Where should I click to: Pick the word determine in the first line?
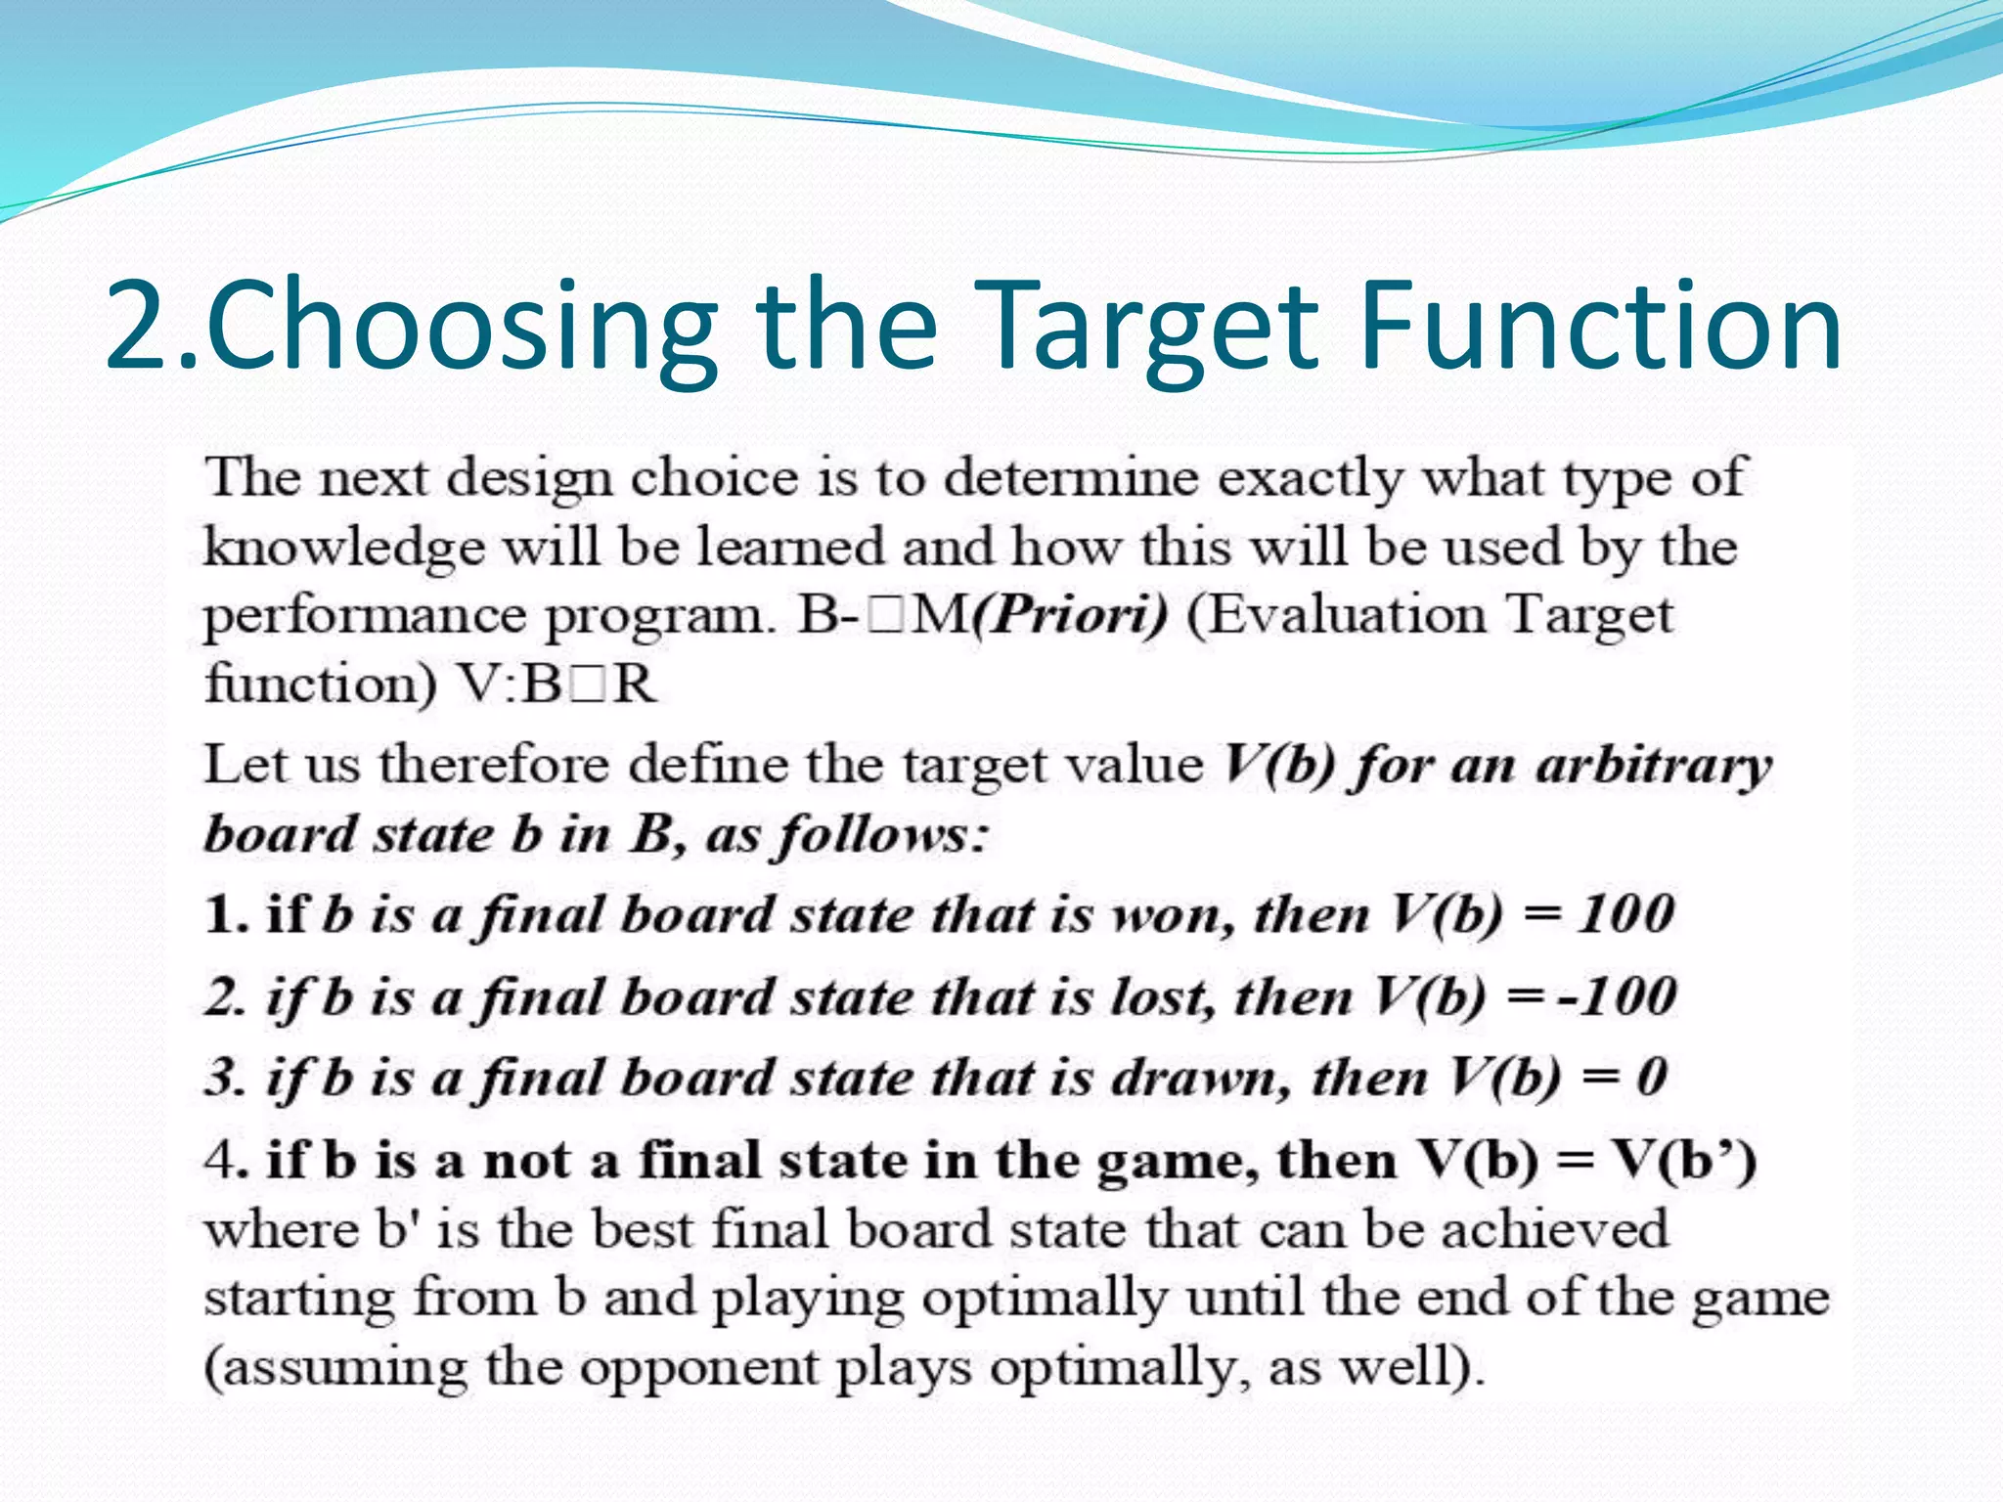coord(1071,478)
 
